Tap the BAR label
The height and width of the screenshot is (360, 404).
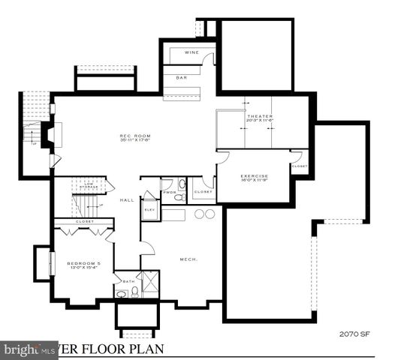[181, 77]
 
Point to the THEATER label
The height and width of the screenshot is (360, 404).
[260, 116]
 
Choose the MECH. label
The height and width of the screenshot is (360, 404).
[188, 259]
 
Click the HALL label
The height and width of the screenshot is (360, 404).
[126, 199]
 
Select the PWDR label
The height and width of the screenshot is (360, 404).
[169, 193]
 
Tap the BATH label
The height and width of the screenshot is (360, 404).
[129, 281]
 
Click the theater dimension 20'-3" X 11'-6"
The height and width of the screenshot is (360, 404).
[260, 121]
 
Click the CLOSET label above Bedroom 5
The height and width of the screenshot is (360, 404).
[84, 223]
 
